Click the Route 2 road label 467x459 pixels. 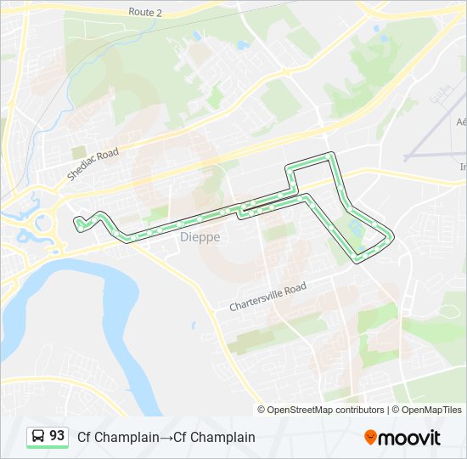pos(145,13)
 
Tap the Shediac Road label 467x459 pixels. pos(93,163)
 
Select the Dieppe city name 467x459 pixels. pos(200,238)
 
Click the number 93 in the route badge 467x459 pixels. pos(57,436)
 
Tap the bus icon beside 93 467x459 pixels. pos(38,437)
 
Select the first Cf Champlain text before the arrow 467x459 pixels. pos(118,438)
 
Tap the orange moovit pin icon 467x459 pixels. pos(371,437)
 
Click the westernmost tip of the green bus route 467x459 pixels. pos(76,223)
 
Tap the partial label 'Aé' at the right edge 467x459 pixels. pos(461,122)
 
